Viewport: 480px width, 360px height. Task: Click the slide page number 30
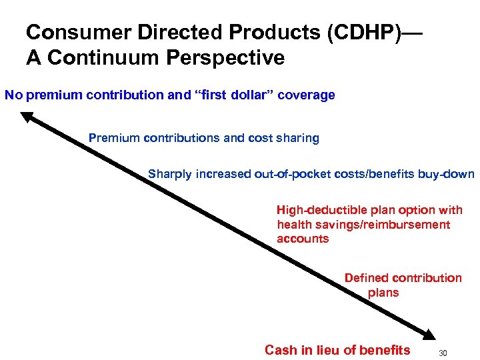coord(445,352)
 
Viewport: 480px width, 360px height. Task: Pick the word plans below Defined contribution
coord(383,292)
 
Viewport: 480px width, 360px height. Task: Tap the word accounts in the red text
coord(303,239)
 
